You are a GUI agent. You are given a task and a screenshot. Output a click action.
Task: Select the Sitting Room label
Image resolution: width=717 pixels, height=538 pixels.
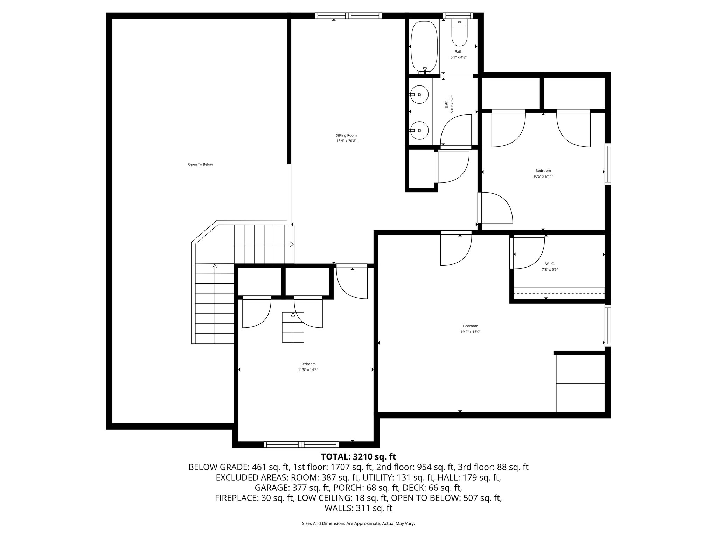coord(346,135)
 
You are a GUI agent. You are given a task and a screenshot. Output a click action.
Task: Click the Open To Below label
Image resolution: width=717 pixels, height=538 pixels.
coord(200,164)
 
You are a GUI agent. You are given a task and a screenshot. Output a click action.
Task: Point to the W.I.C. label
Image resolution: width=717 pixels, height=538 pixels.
coord(550,264)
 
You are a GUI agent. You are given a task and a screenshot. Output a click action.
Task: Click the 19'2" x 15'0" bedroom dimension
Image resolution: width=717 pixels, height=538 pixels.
coord(470,332)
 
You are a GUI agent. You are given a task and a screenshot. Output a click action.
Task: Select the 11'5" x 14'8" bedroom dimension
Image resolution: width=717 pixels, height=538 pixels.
coord(308,370)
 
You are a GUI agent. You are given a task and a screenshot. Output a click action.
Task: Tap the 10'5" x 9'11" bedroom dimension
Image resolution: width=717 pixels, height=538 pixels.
coord(543,177)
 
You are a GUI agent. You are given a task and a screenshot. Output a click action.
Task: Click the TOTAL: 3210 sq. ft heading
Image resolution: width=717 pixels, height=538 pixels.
coord(358,457)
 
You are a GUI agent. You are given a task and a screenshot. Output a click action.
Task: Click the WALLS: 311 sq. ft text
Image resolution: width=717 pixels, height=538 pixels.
coord(358,508)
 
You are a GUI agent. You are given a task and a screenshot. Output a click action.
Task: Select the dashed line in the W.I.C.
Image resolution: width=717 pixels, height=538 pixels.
coord(559,293)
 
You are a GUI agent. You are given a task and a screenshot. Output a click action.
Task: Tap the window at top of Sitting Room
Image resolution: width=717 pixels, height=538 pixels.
coord(348,15)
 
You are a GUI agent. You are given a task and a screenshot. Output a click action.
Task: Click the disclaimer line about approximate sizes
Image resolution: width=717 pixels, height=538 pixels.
coord(358,523)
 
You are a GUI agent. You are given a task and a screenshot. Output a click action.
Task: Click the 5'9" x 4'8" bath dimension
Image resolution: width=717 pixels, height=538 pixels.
coord(458,57)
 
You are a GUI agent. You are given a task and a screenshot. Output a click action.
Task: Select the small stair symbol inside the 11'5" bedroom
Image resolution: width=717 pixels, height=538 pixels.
coord(293,327)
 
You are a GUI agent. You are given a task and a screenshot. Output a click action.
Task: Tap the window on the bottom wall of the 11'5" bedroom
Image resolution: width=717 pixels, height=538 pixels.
coord(301,444)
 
